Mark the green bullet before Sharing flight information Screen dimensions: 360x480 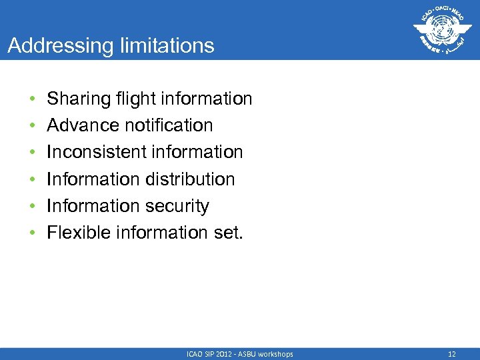click(31, 99)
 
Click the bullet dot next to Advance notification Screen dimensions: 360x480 click(31, 126)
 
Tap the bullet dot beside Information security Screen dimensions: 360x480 click(31, 207)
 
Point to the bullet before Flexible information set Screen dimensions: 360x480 click(31, 233)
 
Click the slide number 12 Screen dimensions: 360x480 click(453, 354)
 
